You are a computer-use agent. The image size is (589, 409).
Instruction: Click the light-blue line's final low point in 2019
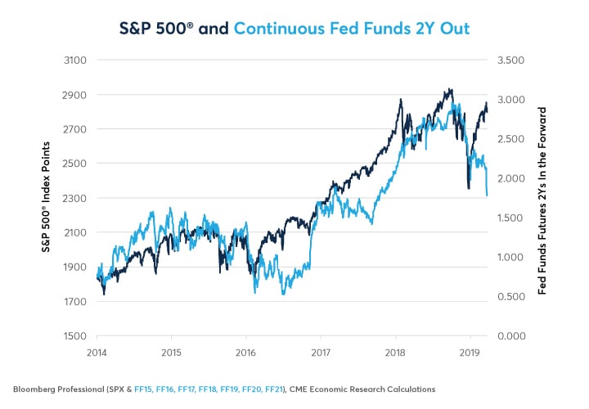(487, 196)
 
